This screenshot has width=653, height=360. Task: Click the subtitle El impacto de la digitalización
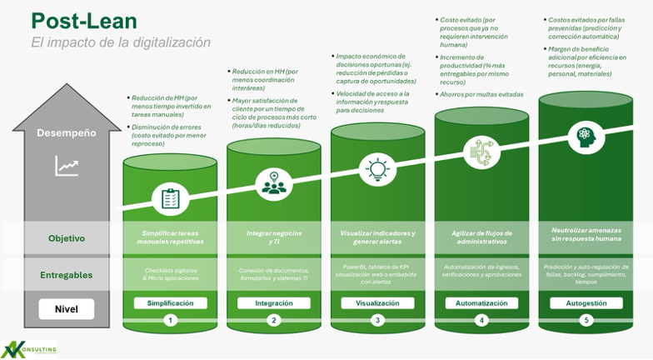121,42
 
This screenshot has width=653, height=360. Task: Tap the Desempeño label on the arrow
66,132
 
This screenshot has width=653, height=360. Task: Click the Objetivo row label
66,238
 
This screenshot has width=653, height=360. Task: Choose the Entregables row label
66,274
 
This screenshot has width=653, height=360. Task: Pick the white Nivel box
66,308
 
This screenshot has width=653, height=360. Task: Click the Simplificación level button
170,303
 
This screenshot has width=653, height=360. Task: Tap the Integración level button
274,303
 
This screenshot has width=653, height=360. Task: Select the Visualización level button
377,303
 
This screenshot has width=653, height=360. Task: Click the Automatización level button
481,303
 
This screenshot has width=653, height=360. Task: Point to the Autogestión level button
585,303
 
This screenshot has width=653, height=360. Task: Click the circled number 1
170,320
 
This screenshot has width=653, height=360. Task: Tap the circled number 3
377,320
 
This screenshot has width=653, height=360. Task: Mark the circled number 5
585,320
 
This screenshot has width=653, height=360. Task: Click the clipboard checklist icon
170,198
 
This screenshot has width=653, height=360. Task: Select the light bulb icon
377,168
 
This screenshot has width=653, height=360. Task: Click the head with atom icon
585,134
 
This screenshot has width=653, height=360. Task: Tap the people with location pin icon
274,182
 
